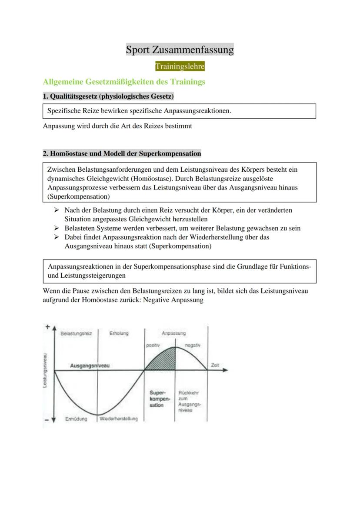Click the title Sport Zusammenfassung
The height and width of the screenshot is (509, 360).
[180, 50]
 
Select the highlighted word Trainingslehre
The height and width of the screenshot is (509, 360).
[180, 67]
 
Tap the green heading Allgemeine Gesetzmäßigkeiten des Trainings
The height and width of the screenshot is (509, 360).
[124, 82]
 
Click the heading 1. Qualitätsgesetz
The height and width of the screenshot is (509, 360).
[108, 96]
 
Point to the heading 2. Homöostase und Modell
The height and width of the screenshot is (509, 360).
[122, 153]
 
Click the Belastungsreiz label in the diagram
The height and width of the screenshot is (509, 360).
[76, 333]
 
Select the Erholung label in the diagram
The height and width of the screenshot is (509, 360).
[119, 333]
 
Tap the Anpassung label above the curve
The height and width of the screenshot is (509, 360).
[173, 333]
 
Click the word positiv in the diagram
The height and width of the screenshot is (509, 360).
[153, 345]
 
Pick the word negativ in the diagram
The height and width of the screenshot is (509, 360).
[192, 345]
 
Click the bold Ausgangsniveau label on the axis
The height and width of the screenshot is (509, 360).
[90, 366]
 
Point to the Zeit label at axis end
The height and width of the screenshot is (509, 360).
[215, 366]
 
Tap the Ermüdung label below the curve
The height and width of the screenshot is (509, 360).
[76, 419]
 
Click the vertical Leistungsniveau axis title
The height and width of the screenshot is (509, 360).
[45, 370]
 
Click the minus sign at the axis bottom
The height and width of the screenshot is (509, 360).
[46, 420]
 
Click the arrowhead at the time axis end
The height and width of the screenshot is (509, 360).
[225, 371]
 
